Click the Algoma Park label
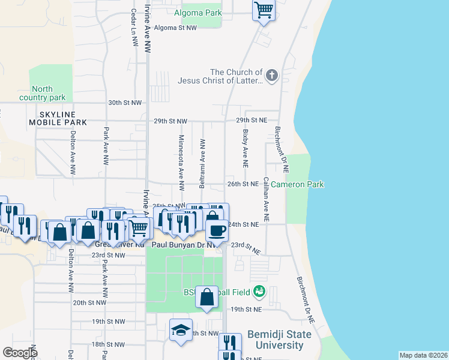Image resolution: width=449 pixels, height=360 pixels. (x=197, y=13)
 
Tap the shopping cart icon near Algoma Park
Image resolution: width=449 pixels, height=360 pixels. (x=264, y=10)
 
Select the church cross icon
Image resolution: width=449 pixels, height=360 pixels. (x=271, y=76)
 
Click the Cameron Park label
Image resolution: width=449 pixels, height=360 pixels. (x=297, y=184)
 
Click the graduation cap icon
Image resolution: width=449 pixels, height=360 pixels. (x=181, y=331)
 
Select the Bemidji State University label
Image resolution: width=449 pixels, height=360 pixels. (x=279, y=340)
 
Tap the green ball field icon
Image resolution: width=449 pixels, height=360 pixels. (x=259, y=292)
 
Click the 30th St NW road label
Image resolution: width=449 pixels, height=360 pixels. (x=125, y=103)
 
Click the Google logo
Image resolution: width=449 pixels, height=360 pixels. (x=20, y=353)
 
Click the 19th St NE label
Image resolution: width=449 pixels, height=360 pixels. (x=246, y=310)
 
